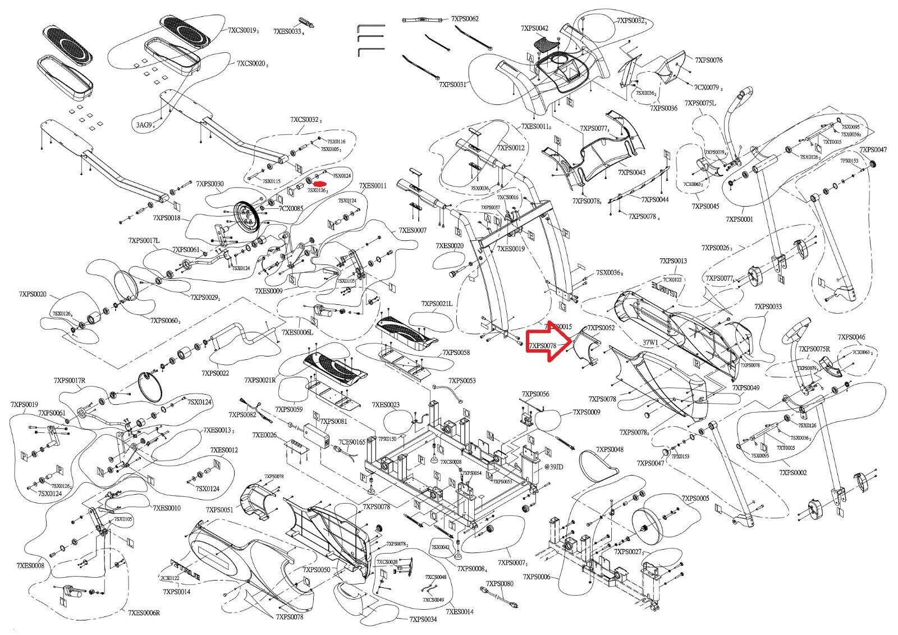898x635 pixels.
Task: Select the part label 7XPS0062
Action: (465, 19)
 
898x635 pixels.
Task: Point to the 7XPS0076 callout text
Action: (709, 60)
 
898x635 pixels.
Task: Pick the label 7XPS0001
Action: (739, 219)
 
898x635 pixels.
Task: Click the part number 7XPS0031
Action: (453, 84)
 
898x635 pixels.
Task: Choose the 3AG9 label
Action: (144, 125)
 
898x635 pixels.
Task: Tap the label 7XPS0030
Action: (210, 184)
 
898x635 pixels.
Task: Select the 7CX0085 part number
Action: (291, 208)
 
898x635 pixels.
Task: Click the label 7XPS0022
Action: (215, 372)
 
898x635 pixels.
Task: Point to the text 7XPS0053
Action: (461, 381)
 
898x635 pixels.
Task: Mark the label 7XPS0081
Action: (333, 421)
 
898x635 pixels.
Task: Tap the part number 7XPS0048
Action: (610, 450)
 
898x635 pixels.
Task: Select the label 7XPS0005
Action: (696, 499)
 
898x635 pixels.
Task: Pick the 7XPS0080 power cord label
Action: (500, 584)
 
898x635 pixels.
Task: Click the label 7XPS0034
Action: (423, 619)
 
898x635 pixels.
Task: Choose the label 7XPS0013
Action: (673, 261)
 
